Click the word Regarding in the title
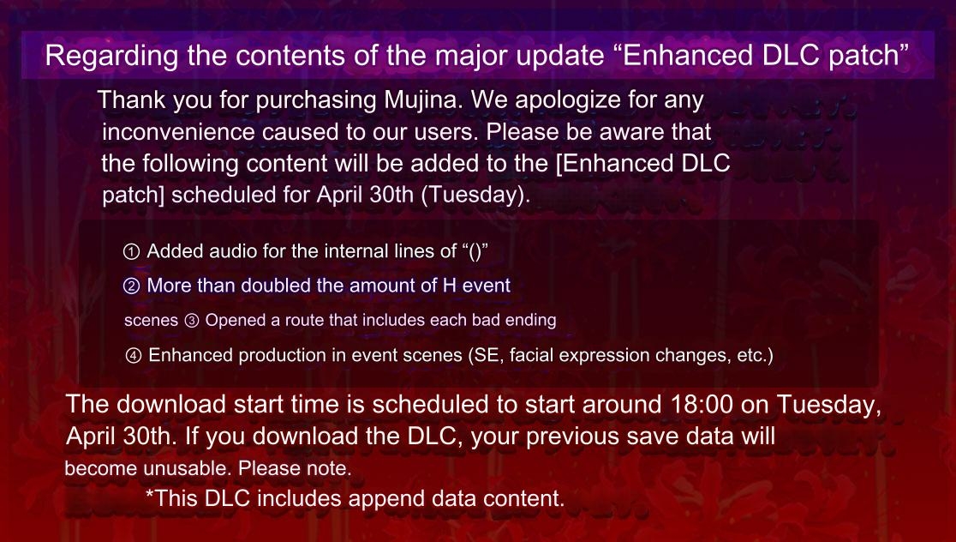point(111,56)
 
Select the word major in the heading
point(470,57)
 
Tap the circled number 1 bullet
point(131,252)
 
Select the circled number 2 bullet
point(131,286)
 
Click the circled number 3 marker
point(191,321)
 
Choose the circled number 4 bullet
point(133,356)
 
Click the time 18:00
point(702,405)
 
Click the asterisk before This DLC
point(150,493)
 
